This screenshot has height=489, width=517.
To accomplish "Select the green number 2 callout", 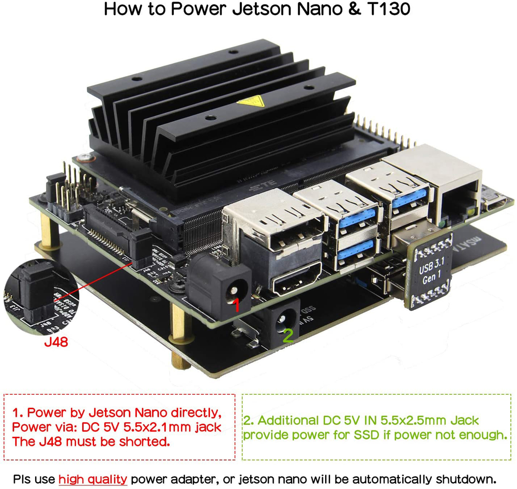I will point(288,336).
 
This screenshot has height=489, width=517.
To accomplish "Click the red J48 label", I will point(55,342).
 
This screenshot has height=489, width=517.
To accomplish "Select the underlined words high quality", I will point(93,479).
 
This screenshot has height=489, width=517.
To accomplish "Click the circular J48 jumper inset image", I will point(34,298).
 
